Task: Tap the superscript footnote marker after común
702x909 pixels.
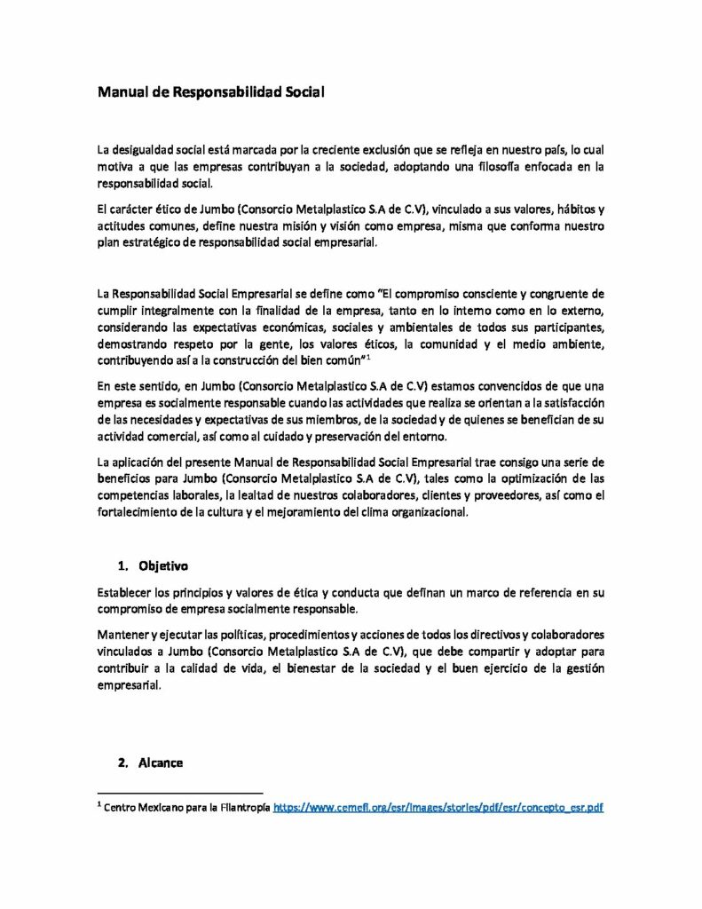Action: [x=367, y=357]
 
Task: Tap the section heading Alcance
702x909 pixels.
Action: [x=161, y=763]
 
